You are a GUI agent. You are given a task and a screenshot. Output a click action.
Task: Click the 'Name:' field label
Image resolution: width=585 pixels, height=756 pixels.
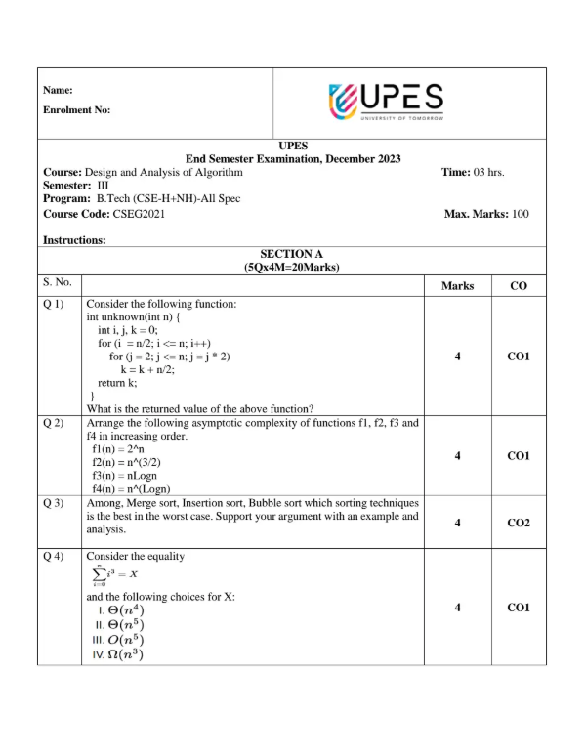point(60,89)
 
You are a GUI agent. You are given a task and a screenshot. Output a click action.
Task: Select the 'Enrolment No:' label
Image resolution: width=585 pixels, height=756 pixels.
point(76,110)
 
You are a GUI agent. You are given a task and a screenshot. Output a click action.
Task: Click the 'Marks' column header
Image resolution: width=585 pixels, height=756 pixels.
point(457,286)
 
